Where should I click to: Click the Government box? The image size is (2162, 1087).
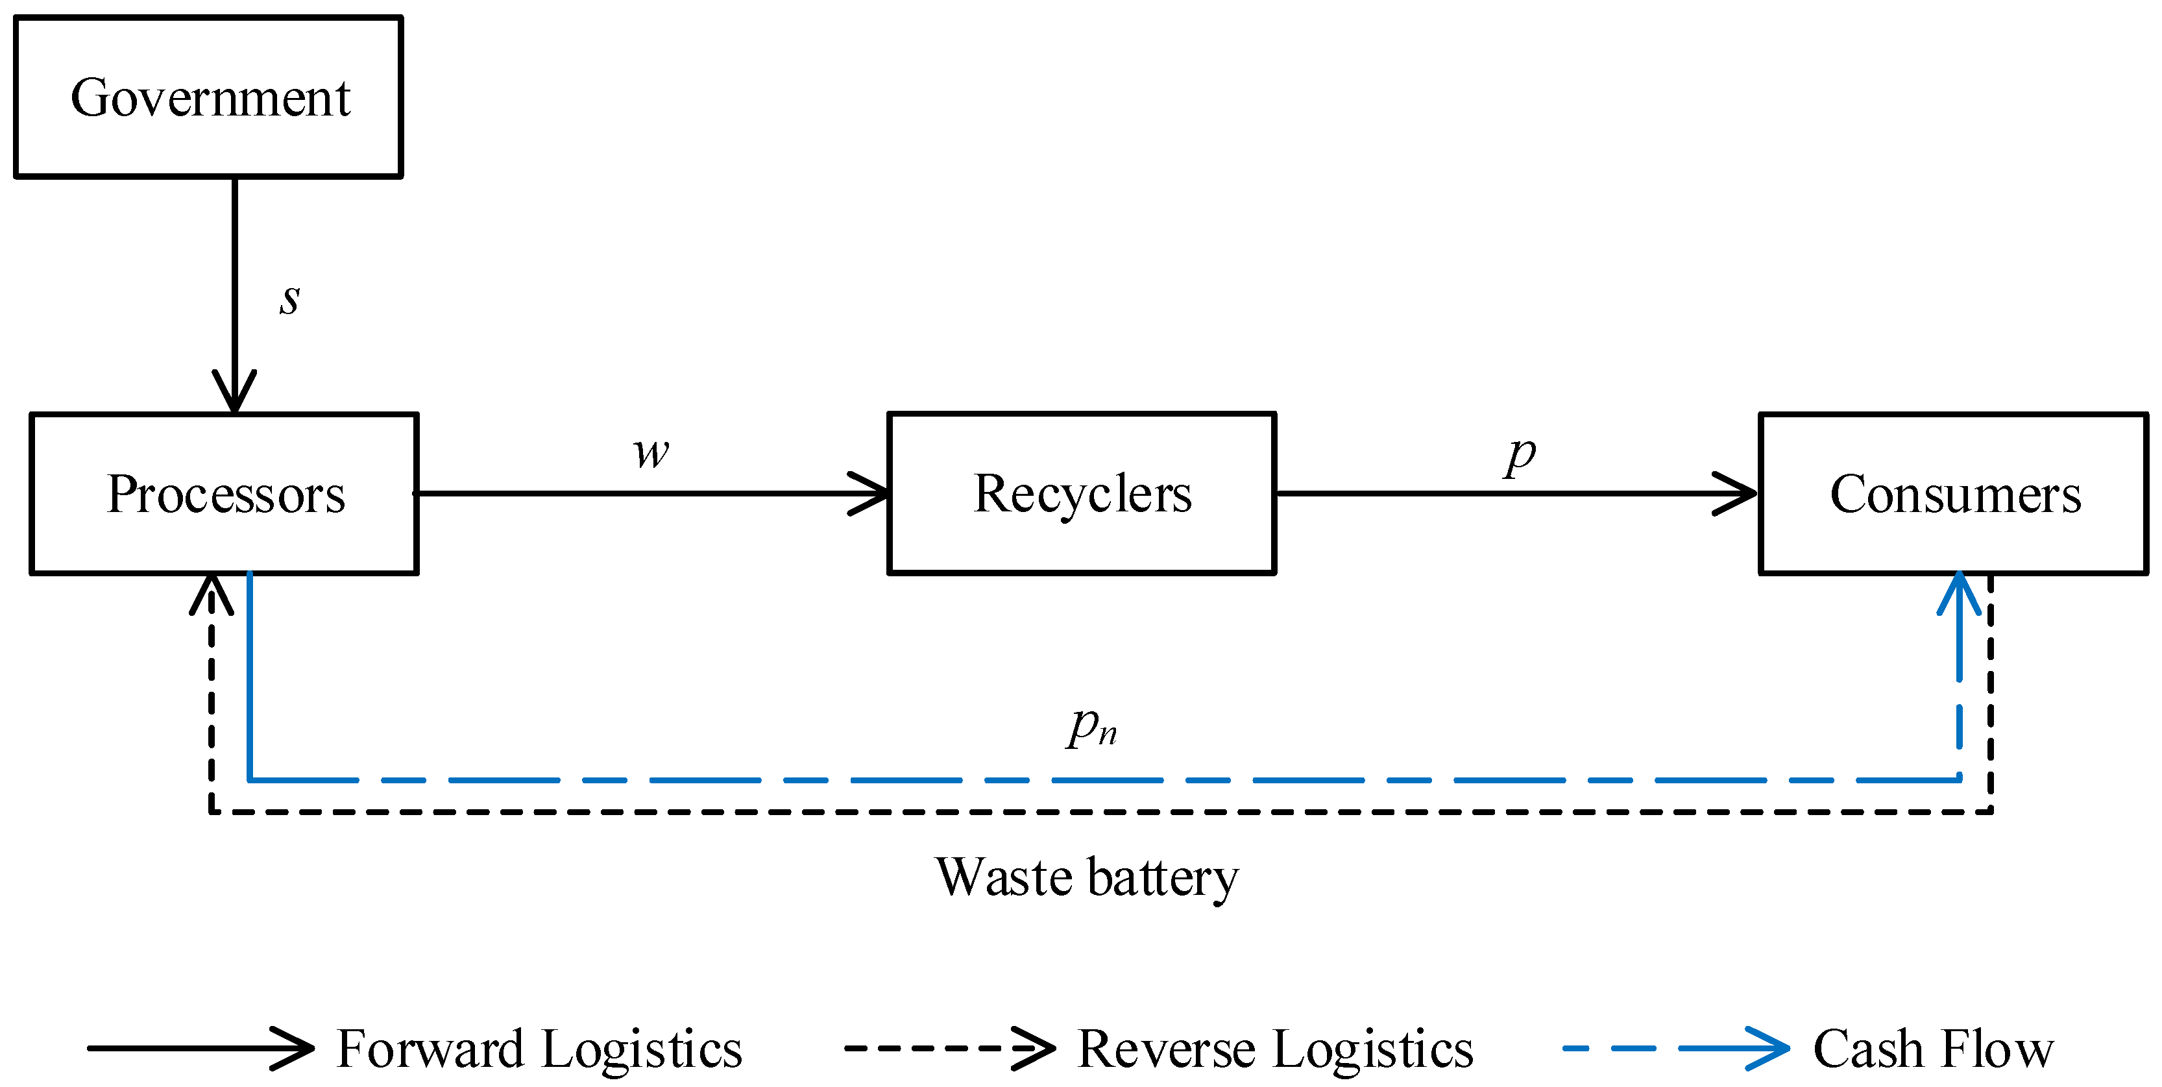click(x=208, y=97)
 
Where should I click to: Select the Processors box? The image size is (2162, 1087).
click(x=224, y=494)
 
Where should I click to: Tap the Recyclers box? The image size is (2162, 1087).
click(x=1081, y=494)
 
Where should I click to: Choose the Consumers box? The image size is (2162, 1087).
click(x=1953, y=494)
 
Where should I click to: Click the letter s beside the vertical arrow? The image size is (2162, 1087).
click(x=289, y=298)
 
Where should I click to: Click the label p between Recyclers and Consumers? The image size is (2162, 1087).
click(x=1519, y=456)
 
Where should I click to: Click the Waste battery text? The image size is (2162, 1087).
click(x=1086, y=877)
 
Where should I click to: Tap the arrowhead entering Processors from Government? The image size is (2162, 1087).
click(x=234, y=391)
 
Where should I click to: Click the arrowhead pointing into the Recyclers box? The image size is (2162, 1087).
click(x=869, y=494)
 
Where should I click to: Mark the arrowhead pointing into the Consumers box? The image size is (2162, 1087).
click(x=1735, y=494)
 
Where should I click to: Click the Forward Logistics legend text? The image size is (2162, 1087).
click(x=539, y=1049)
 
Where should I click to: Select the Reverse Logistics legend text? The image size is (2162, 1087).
click(x=1274, y=1049)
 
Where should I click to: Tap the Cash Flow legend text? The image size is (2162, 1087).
click(x=1933, y=1049)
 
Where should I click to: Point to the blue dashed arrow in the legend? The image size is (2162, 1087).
click(x=1674, y=1049)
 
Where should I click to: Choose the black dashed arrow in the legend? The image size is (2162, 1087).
click(x=949, y=1049)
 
